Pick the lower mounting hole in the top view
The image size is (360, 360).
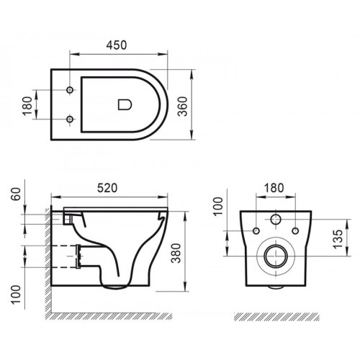(70, 119)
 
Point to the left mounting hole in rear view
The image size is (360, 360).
(255, 230)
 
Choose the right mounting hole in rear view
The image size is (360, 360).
(294, 230)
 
